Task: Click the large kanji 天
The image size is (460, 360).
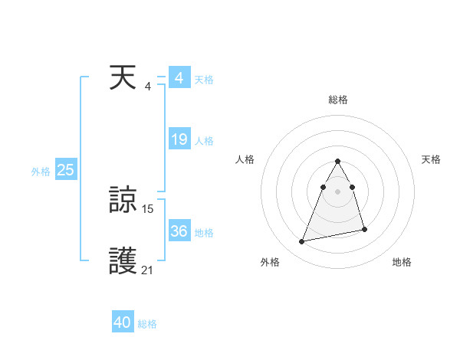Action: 123,79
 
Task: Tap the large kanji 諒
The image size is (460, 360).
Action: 123,201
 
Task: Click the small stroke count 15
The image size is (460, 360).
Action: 148,208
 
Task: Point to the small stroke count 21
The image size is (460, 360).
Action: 147,269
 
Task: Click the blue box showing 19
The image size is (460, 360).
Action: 179,139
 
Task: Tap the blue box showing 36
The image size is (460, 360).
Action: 179,231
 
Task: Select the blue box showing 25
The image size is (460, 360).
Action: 65,171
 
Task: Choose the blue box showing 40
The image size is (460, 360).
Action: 123,322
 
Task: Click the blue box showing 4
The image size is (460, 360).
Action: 179,78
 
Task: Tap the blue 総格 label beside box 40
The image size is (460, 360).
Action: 147,324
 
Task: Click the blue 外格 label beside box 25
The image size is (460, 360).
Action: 41,172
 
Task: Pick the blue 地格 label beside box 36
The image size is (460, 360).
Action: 204,233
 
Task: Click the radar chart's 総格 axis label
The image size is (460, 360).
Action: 337,100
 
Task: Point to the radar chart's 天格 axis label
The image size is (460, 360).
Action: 431,159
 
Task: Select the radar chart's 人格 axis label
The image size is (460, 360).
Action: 245,159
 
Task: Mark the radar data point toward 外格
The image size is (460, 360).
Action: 302,241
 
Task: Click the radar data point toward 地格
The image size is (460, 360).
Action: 364,229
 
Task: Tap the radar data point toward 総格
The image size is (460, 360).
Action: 337,162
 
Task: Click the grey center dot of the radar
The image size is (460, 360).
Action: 337,191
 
